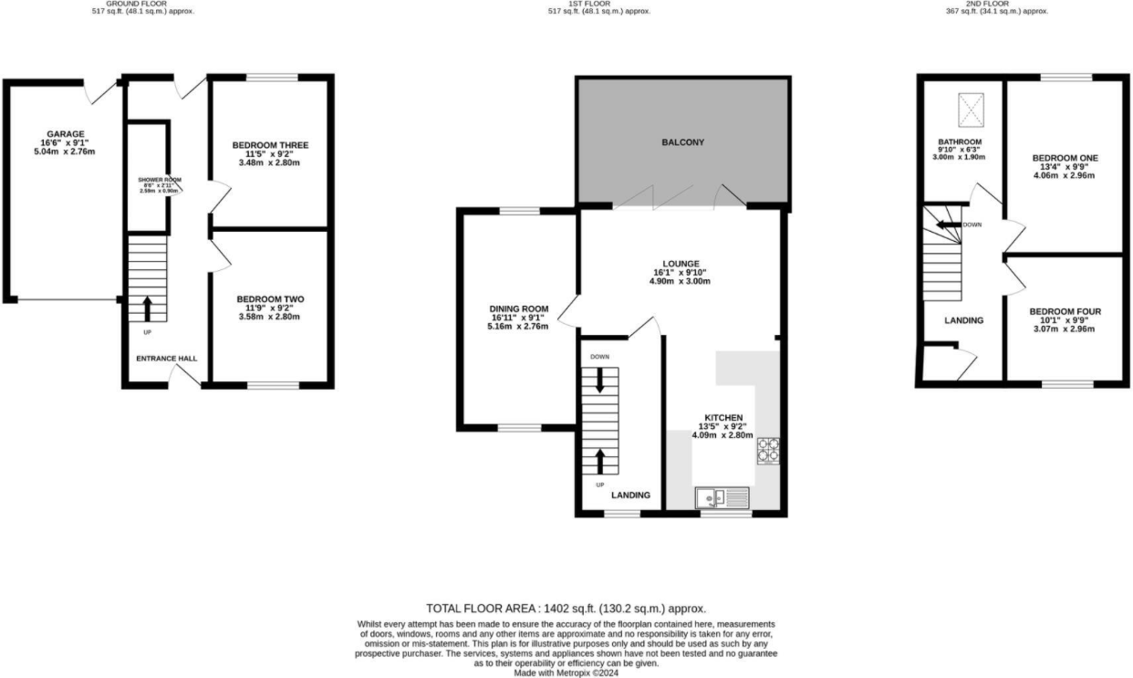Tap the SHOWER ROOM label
(154, 180)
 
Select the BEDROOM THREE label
(270, 145)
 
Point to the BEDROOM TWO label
(270, 299)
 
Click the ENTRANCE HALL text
(167, 359)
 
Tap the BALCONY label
(682, 142)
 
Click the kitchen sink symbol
(722, 497)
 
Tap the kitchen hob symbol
(768, 451)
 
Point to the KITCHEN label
(722, 416)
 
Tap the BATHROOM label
(961, 142)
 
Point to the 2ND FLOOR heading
(994, 4)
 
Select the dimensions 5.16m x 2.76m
(518, 326)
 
